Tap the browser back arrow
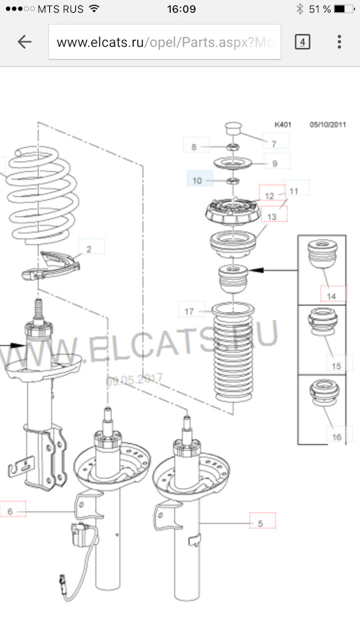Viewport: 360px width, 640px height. point(25,41)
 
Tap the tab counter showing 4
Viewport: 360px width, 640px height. point(303,42)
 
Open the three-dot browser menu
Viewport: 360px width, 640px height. point(339,41)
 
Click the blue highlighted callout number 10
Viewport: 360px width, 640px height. point(197,181)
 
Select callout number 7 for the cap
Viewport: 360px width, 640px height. point(274,144)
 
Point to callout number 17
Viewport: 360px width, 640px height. point(189,311)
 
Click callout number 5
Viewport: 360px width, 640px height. point(261,523)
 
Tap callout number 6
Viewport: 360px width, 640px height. point(10,511)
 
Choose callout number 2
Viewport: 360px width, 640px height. point(89,249)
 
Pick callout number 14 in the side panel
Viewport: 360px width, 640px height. point(331,296)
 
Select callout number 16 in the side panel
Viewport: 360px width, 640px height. point(337,437)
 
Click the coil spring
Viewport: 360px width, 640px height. point(41,195)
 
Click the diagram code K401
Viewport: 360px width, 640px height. point(283,125)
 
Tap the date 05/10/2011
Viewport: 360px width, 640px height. point(328,125)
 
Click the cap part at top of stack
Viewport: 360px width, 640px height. point(233,128)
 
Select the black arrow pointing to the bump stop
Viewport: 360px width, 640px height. point(273,270)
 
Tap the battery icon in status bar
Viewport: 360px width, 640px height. point(344,9)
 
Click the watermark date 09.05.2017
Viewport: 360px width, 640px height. point(134,379)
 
